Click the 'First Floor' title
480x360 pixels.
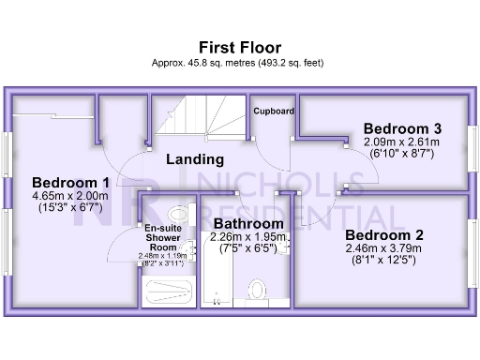240,47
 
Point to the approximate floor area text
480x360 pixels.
240,63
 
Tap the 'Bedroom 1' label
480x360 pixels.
71,182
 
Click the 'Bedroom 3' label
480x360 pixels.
402,128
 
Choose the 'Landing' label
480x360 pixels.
195,159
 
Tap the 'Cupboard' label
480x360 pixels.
274,111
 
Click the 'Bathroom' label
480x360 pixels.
247,224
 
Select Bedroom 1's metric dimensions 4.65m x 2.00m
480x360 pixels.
71,196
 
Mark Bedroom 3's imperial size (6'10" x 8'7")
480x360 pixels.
402,154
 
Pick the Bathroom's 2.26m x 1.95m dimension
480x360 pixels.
247,237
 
